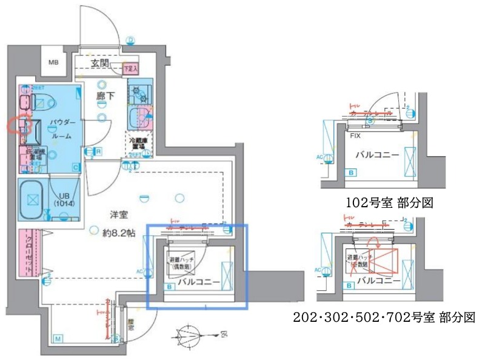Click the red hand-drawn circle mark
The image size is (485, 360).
pos(19,124)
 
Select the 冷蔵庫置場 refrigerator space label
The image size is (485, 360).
pos(139,143)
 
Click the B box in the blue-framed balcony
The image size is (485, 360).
pos(169,286)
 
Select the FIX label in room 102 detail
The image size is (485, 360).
pos(355,136)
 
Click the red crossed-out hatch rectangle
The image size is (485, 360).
pos(386,261)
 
